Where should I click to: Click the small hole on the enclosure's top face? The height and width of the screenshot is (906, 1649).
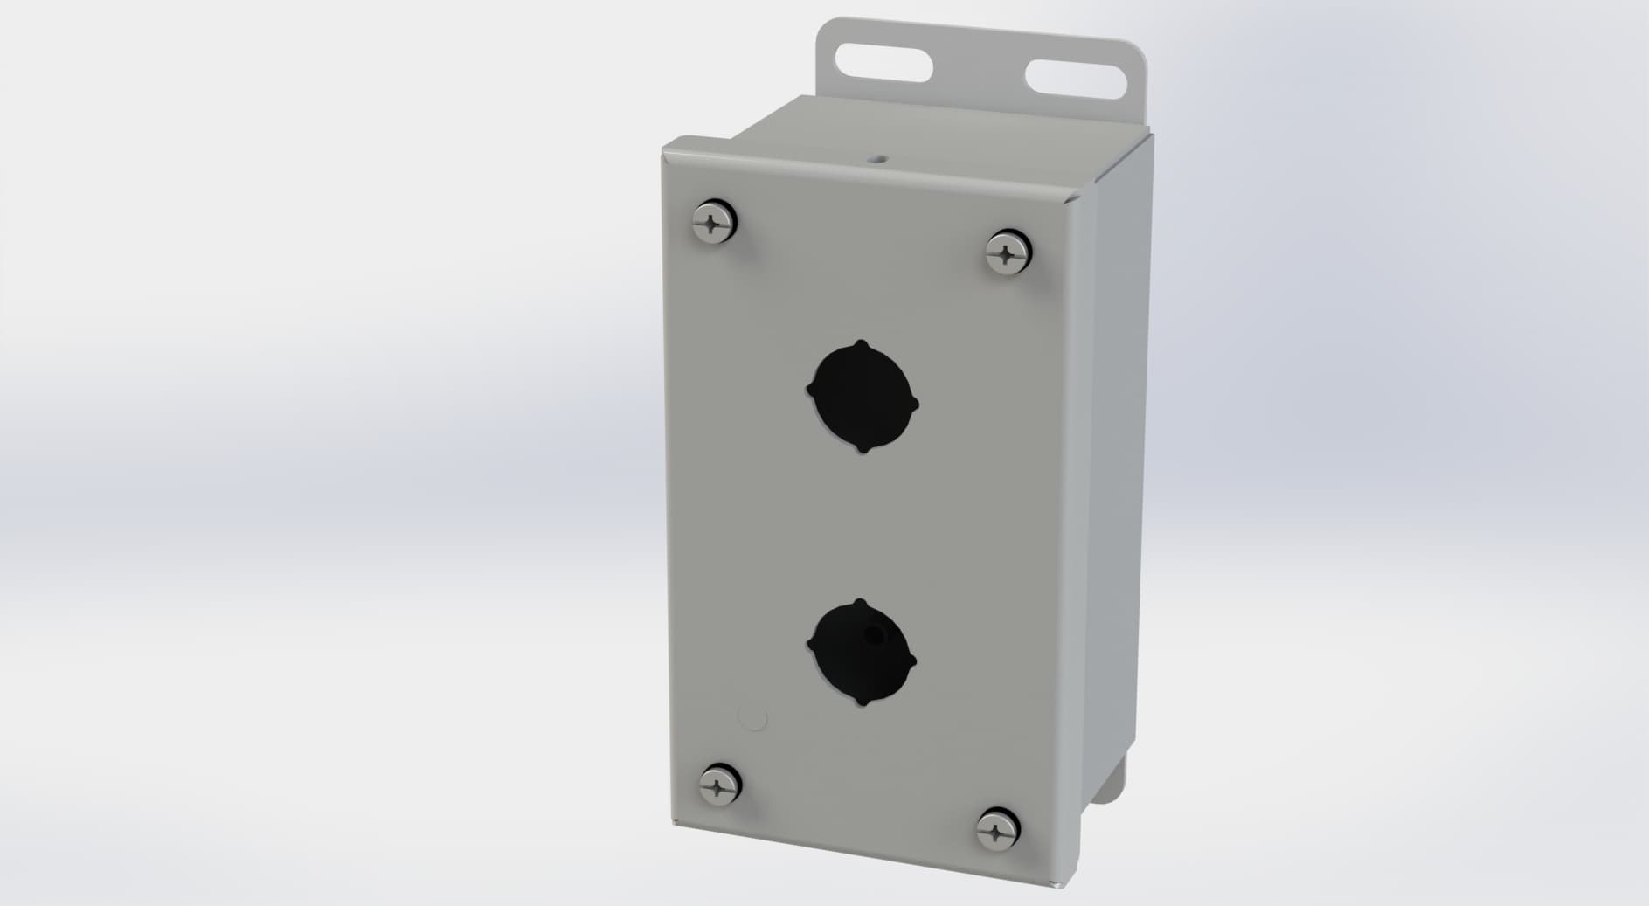click(876, 159)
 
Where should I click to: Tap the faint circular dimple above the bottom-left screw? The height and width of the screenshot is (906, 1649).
click(752, 719)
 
